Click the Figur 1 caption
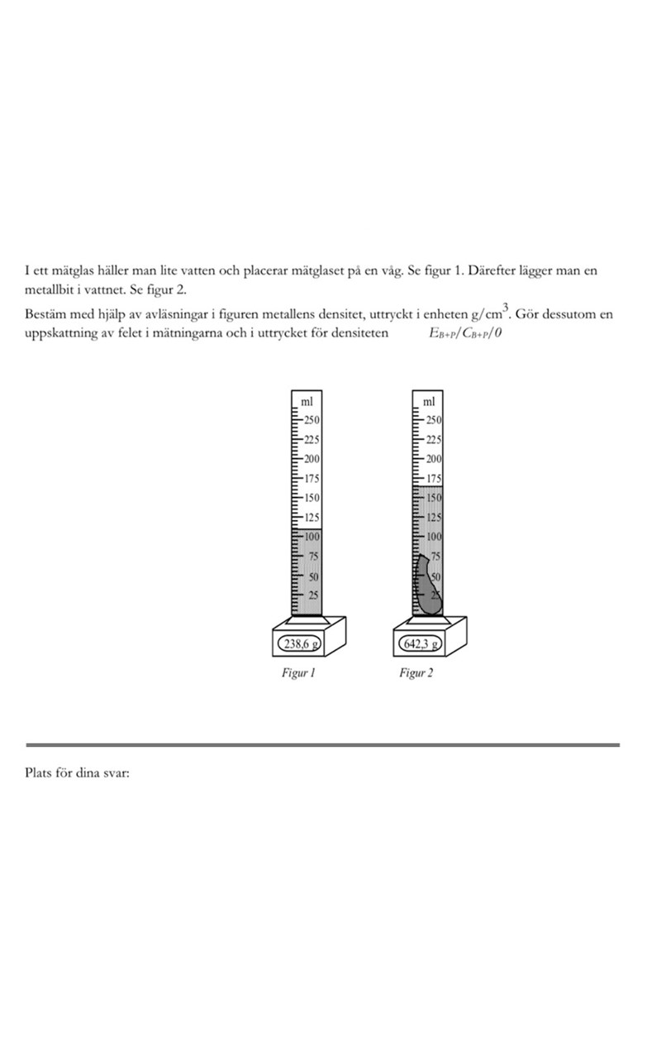point(299,673)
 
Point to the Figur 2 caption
point(416,673)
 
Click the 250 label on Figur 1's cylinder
point(312,419)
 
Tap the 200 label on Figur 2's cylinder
point(434,459)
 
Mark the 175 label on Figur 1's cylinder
point(312,478)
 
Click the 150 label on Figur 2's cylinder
point(434,499)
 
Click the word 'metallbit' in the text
point(48,291)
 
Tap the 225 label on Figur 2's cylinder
point(434,439)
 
